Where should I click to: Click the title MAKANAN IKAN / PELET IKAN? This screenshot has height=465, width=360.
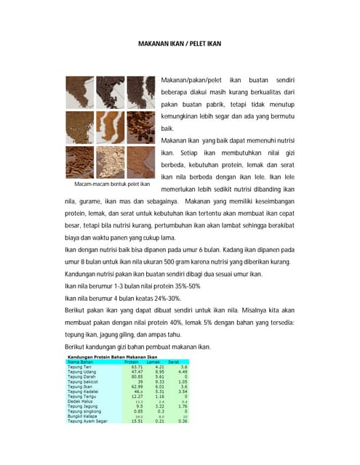pos(180,44)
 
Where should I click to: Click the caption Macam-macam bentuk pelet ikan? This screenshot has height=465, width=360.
pos(107,184)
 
